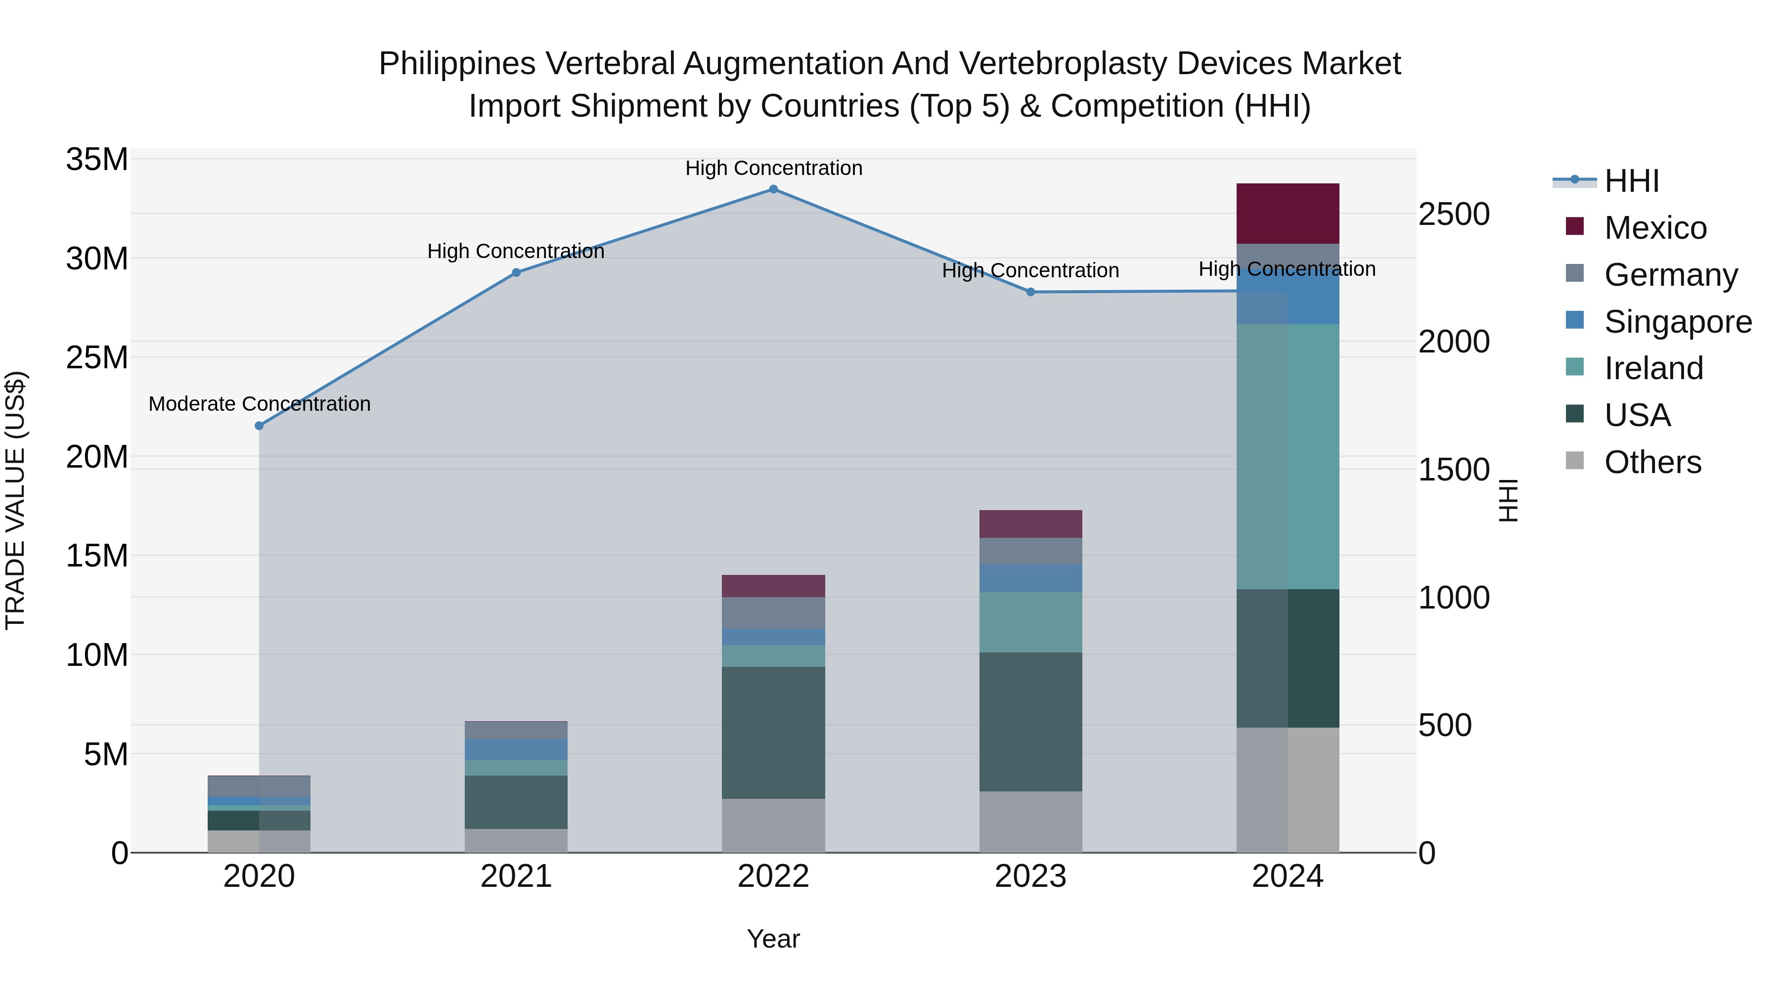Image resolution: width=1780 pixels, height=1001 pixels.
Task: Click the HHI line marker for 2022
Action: [x=773, y=189]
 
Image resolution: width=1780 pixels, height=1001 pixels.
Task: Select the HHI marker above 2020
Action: [x=259, y=426]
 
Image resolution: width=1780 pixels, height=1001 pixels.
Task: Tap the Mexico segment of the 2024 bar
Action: [x=1288, y=214]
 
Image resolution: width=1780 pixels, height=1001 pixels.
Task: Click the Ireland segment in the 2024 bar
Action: [x=1288, y=456]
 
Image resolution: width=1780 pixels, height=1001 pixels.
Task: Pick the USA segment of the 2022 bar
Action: [x=773, y=732]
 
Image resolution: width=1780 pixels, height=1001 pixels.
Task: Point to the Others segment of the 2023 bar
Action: [x=1030, y=822]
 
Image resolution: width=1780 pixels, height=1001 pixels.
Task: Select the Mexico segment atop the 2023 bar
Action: [x=1030, y=523]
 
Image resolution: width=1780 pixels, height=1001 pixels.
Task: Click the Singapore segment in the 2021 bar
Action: [x=516, y=749]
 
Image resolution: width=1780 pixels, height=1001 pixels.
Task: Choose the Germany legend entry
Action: [x=1670, y=275]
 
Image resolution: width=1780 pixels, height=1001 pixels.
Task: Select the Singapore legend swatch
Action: [x=1575, y=320]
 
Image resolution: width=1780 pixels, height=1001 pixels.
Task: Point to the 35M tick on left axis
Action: [x=97, y=160]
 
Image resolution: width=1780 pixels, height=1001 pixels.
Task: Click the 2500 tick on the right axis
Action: [x=1454, y=214]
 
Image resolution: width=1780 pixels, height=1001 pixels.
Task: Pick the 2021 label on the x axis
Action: [x=516, y=876]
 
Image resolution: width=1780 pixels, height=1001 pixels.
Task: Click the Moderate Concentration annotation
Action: [x=259, y=403]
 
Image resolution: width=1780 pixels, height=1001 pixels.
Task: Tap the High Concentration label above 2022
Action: [x=773, y=168]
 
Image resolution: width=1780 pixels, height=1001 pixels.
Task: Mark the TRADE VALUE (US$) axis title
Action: [x=15, y=500]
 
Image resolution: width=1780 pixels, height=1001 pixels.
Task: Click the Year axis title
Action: [x=773, y=939]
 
